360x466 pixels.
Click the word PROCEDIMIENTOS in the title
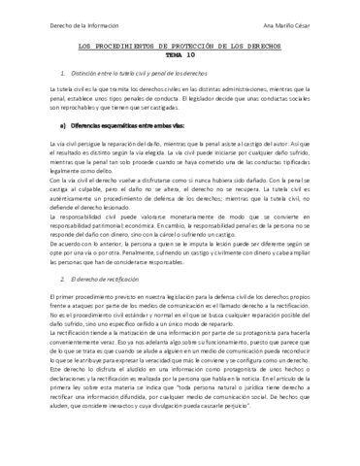point(126,56)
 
